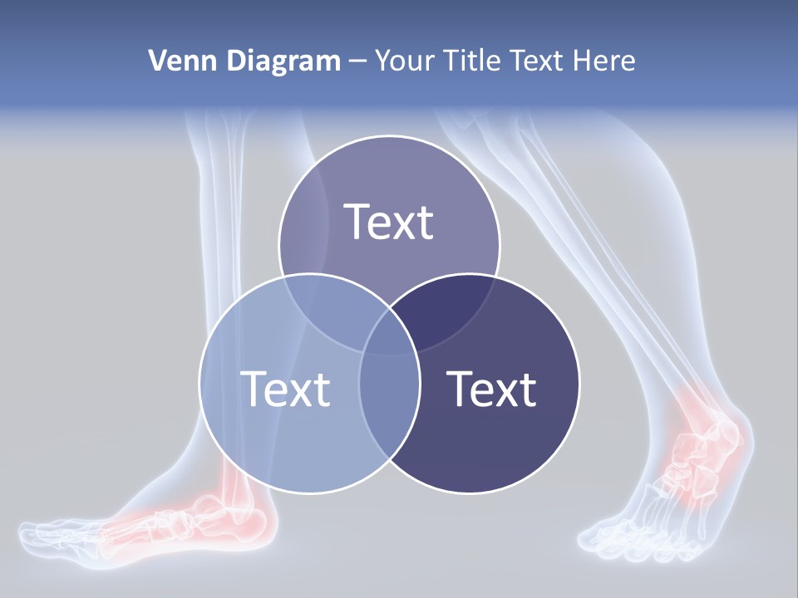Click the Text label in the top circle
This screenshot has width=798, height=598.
389,222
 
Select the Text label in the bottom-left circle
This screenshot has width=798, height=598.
285,389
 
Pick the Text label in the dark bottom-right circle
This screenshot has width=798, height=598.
491,389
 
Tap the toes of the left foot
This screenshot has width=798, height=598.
50,536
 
